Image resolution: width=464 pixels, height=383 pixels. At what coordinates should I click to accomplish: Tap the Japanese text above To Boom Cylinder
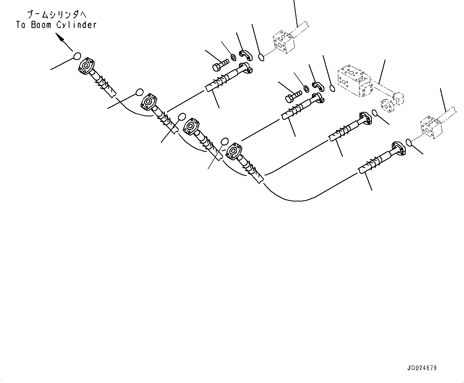tap(56, 15)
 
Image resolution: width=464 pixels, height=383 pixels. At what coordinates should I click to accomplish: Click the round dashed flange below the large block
tap(387, 106)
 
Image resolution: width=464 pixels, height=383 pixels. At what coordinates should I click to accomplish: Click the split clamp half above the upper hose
tap(244, 55)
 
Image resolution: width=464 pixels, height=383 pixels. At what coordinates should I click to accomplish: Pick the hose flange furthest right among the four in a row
tap(234, 150)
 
